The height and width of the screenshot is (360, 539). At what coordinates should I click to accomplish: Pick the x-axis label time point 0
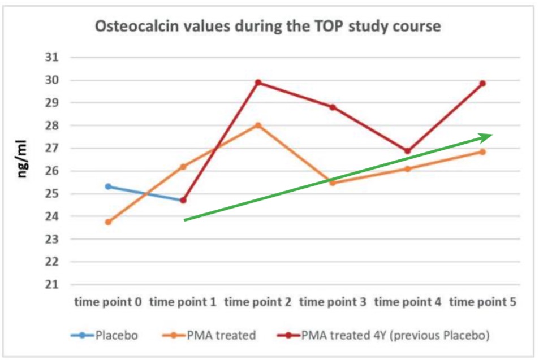(x=108, y=302)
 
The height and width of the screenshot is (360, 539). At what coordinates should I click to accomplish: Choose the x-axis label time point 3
(x=333, y=302)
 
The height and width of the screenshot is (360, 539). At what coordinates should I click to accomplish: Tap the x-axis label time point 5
(x=482, y=302)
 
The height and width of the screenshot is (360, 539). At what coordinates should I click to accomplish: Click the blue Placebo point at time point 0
(x=108, y=186)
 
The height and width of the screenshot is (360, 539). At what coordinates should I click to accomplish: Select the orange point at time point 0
(x=108, y=222)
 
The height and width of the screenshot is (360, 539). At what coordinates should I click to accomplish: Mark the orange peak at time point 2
(x=258, y=125)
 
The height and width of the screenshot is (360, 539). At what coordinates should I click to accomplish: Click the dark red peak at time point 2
(x=258, y=83)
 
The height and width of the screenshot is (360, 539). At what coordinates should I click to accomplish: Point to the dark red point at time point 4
(x=408, y=151)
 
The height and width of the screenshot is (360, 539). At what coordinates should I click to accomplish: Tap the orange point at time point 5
(x=482, y=151)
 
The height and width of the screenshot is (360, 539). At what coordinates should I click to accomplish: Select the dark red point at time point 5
(x=482, y=84)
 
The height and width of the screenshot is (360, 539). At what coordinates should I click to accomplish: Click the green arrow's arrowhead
(x=488, y=136)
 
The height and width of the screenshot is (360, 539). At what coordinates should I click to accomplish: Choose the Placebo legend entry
(x=105, y=335)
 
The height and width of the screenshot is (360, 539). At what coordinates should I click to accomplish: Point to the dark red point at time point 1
(x=183, y=200)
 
